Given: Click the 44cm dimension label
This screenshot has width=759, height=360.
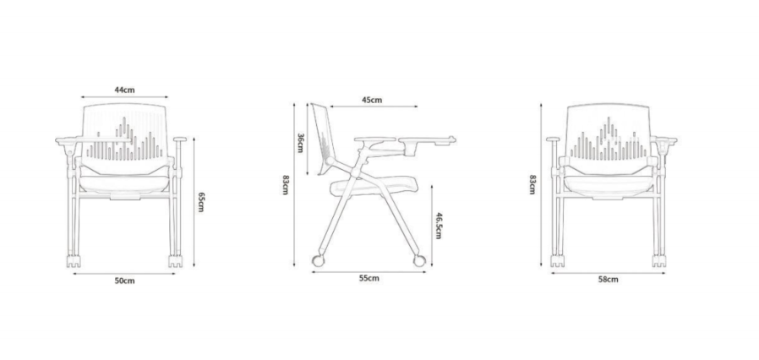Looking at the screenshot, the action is [124, 90].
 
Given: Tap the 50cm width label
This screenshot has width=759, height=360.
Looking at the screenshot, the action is [124, 281].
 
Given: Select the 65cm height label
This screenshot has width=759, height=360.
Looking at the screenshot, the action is [201, 202].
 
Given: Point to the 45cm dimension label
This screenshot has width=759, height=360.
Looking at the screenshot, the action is [372, 101].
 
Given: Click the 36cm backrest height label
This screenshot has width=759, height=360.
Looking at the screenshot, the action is [300, 143].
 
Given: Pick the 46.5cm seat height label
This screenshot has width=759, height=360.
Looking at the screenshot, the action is [438, 226].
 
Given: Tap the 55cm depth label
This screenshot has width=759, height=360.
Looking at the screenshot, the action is [369, 278].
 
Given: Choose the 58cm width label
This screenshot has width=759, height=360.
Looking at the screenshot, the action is [608, 279].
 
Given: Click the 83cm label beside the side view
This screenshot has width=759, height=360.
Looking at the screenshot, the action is [286, 184].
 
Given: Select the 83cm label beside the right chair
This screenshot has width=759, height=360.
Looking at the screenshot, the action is [533, 184].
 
